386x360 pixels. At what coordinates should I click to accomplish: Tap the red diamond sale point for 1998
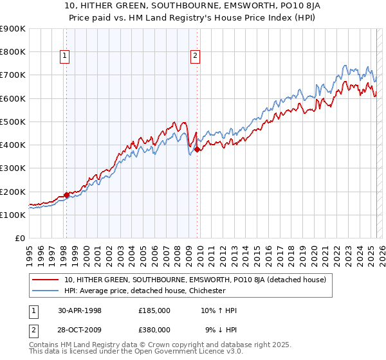pos(66,195)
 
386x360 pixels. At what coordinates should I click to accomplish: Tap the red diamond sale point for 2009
pos(198,150)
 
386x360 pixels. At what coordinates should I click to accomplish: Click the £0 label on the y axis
pos(19,239)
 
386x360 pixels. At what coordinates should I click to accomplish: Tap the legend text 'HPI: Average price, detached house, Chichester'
pos(145,291)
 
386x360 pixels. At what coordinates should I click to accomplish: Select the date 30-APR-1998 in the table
pos(80,310)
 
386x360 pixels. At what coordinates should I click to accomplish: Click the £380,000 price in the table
pos(154,330)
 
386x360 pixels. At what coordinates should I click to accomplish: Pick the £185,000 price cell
pos(154,310)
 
